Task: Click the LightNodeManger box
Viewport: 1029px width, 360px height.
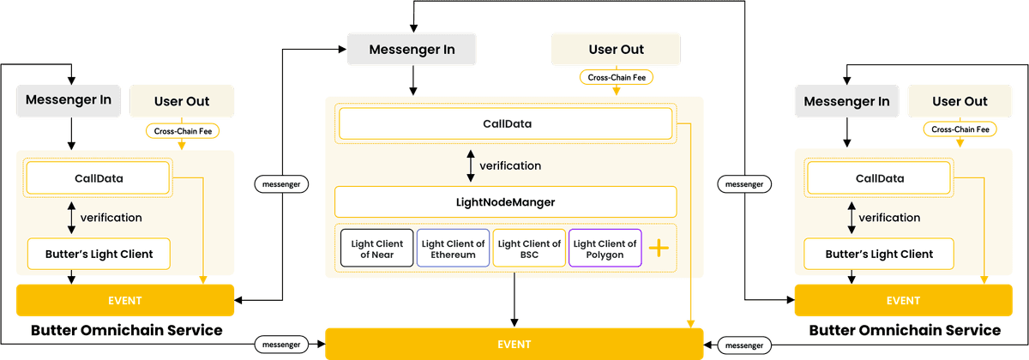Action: click(506, 202)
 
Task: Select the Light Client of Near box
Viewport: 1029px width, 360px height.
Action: click(377, 249)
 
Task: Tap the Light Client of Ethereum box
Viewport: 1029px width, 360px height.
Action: click(454, 249)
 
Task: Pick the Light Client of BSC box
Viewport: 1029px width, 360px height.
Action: click(529, 249)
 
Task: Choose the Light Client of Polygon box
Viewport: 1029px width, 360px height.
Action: click(605, 249)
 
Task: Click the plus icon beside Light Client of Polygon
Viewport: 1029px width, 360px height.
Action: click(659, 249)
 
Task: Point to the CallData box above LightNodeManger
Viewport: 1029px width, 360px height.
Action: click(506, 124)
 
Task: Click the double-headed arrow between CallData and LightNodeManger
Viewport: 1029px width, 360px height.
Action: click(470, 165)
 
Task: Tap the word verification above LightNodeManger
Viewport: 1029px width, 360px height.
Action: click(510, 165)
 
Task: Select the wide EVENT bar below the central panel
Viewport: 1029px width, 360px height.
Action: click(514, 344)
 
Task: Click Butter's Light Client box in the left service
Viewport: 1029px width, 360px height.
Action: click(98, 254)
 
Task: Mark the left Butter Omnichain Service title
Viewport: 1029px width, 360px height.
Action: click(126, 330)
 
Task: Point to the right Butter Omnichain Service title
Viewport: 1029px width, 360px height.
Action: click(904, 330)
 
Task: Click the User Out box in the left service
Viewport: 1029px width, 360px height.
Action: click(181, 101)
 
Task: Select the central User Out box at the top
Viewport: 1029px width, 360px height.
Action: click(616, 50)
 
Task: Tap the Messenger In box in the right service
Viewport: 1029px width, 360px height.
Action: click(845, 101)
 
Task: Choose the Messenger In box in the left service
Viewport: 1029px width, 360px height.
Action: click(69, 99)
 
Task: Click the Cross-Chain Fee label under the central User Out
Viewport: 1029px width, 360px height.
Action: click(616, 77)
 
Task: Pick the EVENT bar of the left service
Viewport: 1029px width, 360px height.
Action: click(125, 301)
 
